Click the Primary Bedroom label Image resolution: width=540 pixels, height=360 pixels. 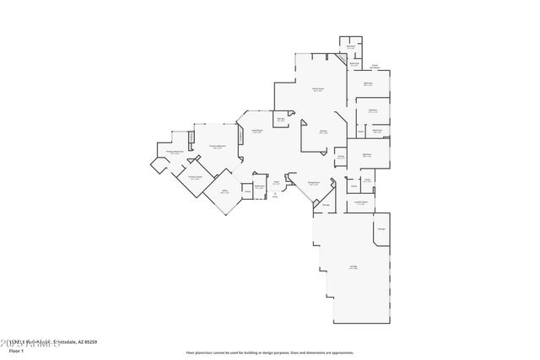tap(217, 147)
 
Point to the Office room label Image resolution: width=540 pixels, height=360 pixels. tap(225, 192)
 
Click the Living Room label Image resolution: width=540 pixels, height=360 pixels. tap(257, 131)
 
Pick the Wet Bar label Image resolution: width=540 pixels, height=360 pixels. tap(281, 119)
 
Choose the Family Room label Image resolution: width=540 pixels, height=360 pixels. tap(318, 89)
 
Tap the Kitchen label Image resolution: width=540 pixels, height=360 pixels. tap(322, 132)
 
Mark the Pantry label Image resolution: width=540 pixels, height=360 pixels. tap(341, 157)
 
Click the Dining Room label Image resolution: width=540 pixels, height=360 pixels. tap(312, 182)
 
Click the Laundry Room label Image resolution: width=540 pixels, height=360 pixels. tap(360, 203)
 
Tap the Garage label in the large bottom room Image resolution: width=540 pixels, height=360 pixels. tap(353, 267)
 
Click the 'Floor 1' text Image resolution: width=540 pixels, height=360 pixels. tap(28, 349)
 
